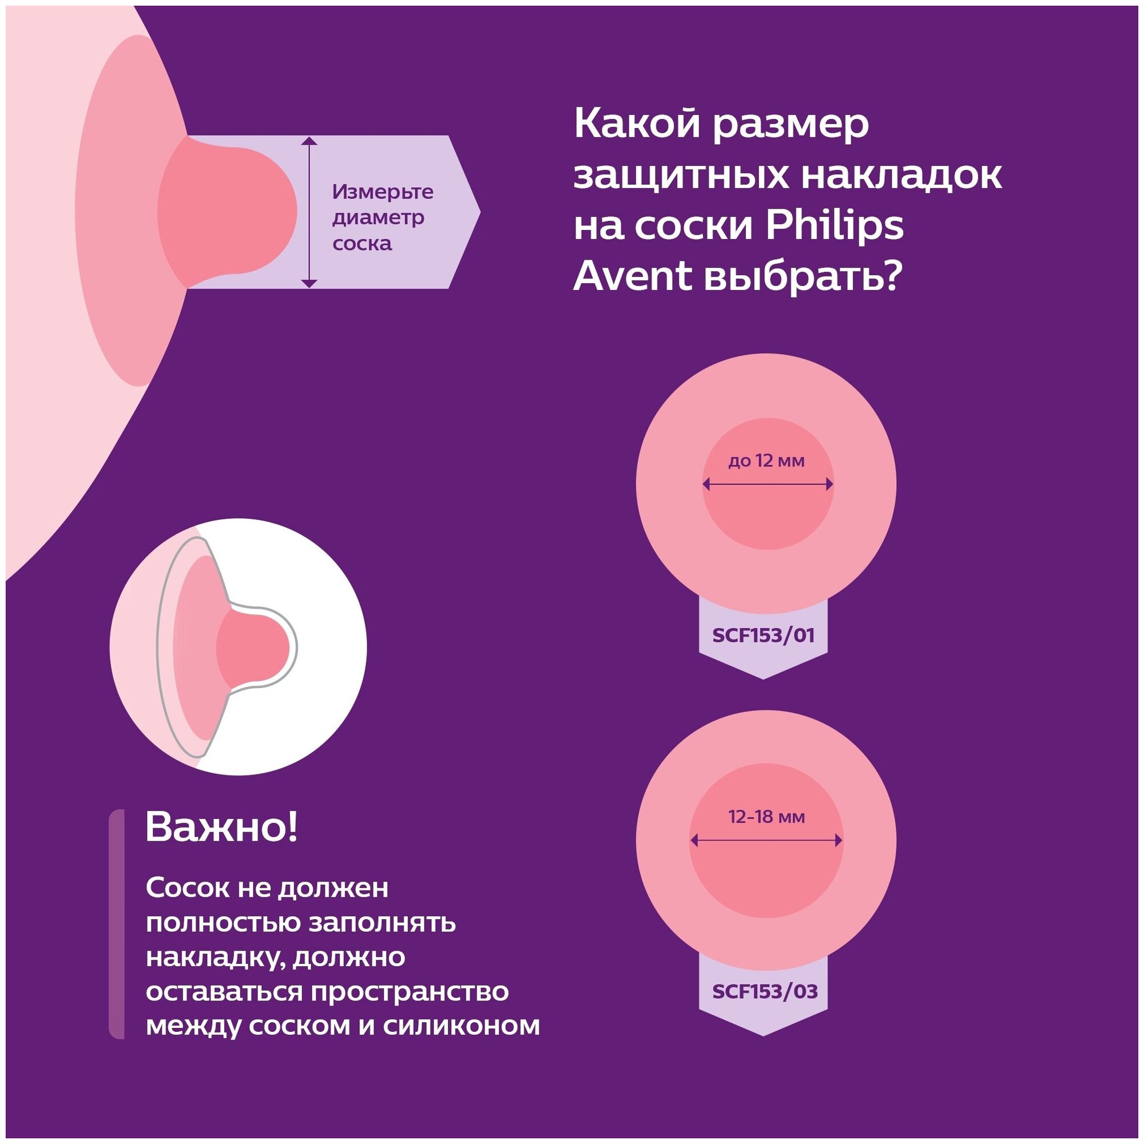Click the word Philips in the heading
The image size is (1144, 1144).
[x=835, y=225]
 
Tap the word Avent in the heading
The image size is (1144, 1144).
[x=633, y=276]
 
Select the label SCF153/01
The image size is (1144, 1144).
[x=763, y=636]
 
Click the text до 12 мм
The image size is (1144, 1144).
[x=766, y=460]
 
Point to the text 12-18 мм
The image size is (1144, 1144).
[x=766, y=817]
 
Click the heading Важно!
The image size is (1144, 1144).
[x=221, y=827]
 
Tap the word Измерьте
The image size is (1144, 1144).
[x=383, y=192]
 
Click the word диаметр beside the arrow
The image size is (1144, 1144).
[x=378, y=217]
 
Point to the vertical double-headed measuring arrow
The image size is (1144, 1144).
[x=309, y=212]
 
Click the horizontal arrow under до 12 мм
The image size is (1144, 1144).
[x=768, y=485]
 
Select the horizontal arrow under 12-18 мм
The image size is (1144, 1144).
[x=766, y=840]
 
